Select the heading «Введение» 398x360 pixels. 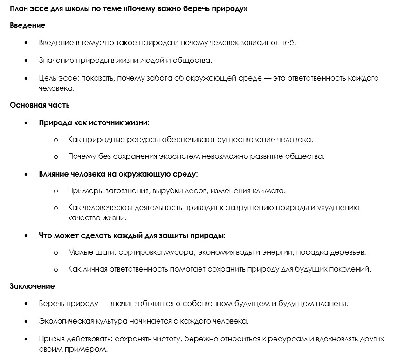click(x=27, y=26)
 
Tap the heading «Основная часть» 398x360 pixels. click(x=40, y=105)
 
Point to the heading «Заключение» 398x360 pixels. click(x=32, y=286)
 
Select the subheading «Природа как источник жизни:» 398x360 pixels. click(x=94, y=122)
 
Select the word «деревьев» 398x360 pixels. click(x=350, y=252)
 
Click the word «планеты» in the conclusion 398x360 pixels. click(x=333, y=304)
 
